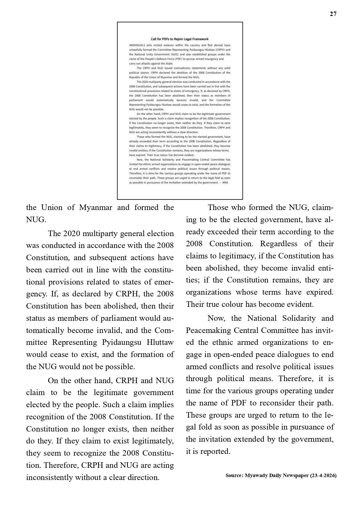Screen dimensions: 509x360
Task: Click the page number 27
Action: [x=333, y=14]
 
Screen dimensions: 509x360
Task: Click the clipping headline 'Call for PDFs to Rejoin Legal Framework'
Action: [x=180, y=39]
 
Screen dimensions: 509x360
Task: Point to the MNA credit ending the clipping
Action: [x=225, y=183]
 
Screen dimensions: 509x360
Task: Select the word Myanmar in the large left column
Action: [x=95, y=208]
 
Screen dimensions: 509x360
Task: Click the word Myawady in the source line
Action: [x=257, y=476]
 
